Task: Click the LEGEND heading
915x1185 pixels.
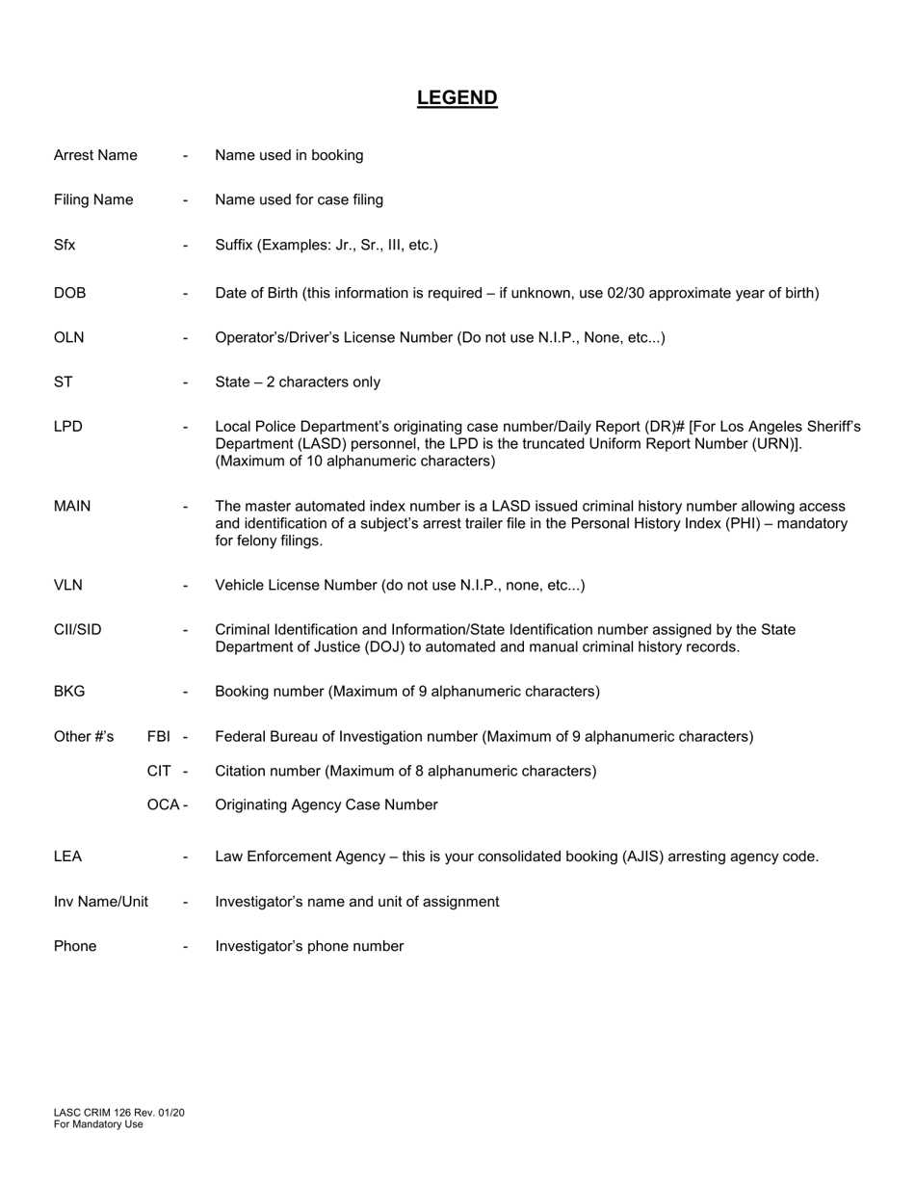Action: (x=457, y=97)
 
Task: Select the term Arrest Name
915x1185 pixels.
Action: (x=95, y=155)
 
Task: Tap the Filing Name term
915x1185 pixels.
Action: (x=93, y=199)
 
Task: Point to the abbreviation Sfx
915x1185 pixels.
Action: (x=65, y=245)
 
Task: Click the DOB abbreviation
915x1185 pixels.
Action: (x=69, y=293)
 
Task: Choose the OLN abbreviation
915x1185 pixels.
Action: (x=68, y=337)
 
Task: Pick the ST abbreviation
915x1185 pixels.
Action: (x=63, y=382)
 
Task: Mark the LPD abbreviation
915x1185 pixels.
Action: (x=67, y=426)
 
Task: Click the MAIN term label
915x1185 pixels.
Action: (x=72, y=506)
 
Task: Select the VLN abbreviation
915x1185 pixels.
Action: (x=68, y=585)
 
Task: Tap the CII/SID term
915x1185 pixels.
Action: (x=77, y=629)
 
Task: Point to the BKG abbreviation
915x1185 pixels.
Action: (x=69, y=691)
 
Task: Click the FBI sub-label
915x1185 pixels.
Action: (x=160, y=736)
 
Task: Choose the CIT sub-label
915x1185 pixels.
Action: (x=160, y=771)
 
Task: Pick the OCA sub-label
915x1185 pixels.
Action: (x=163, y=804)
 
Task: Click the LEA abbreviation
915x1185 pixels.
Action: (x=67, y=856)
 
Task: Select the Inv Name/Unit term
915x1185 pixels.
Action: (x=101, y=902)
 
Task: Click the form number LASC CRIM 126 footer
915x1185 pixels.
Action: (x=119, y=1113)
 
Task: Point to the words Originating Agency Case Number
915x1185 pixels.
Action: (x=326, y=804)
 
